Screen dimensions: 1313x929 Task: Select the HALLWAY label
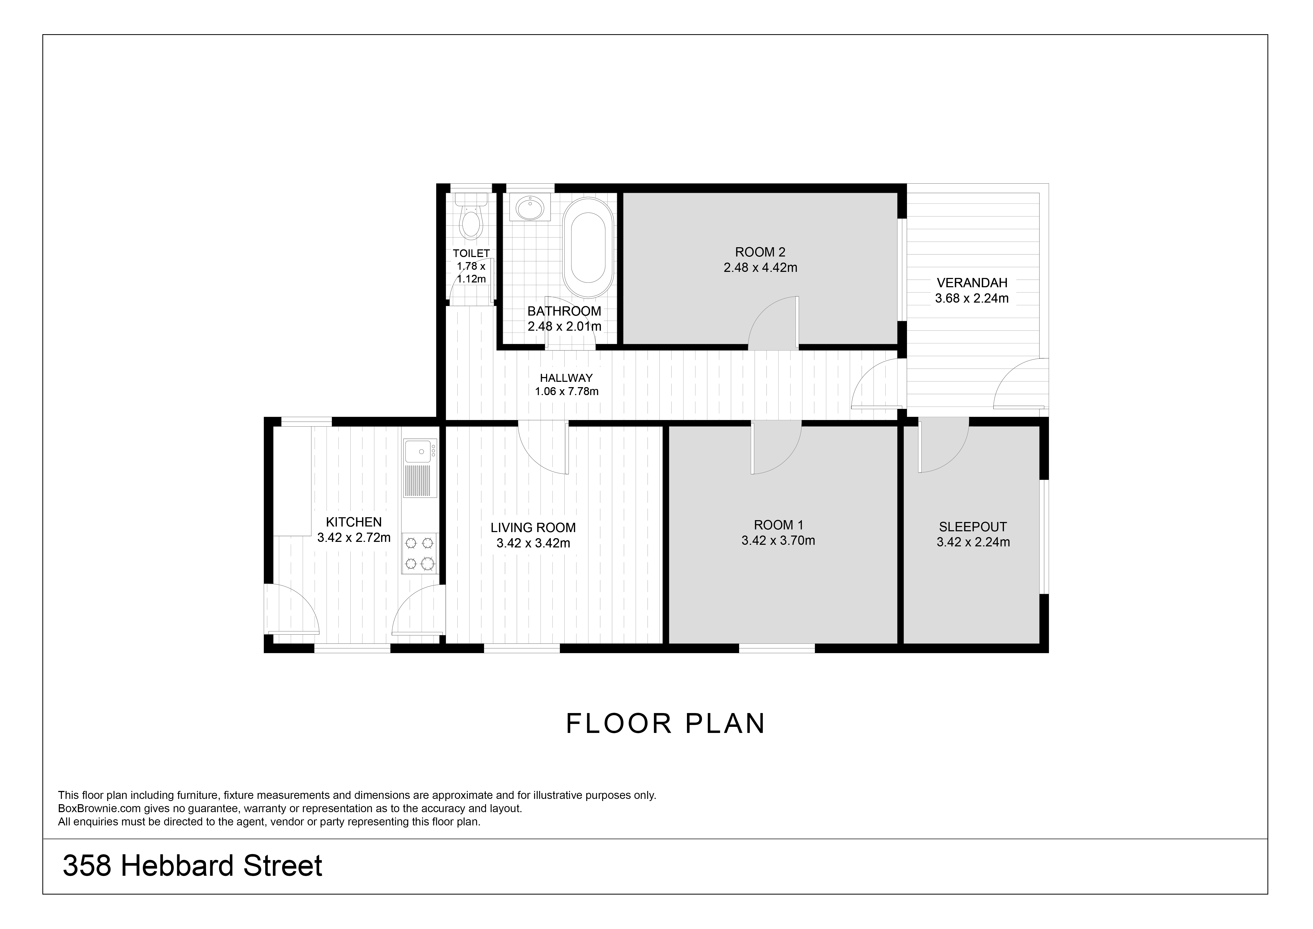(x=566, y=378)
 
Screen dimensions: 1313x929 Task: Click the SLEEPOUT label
(x=973, y=527)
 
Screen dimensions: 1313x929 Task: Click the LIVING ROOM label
(x=533, y=527)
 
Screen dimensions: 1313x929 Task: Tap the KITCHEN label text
(x=354, y=522)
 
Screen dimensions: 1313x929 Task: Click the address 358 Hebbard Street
(x=193, y=865)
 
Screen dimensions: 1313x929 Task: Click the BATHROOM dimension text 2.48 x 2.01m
(x=564, y=327)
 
